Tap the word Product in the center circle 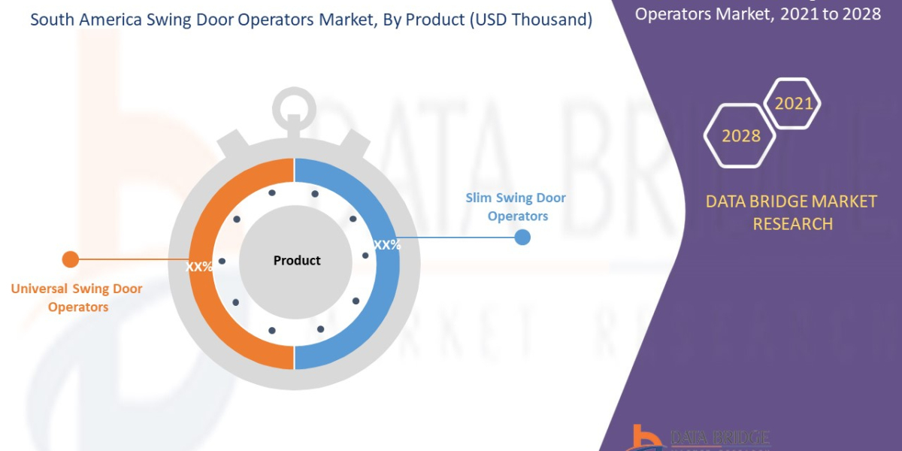[297, 261]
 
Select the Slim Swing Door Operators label [516, 207]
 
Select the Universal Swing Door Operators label [77, 298]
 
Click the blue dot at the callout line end [522, 238]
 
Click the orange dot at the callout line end [70, 259]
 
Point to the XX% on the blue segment [387, 245]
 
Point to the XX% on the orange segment [200, 266]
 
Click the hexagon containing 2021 [792, 104]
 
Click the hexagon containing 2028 [740, 136]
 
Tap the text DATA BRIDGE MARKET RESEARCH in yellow [792, 212]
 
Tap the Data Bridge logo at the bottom [699, 437]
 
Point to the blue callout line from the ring [459, 238]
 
